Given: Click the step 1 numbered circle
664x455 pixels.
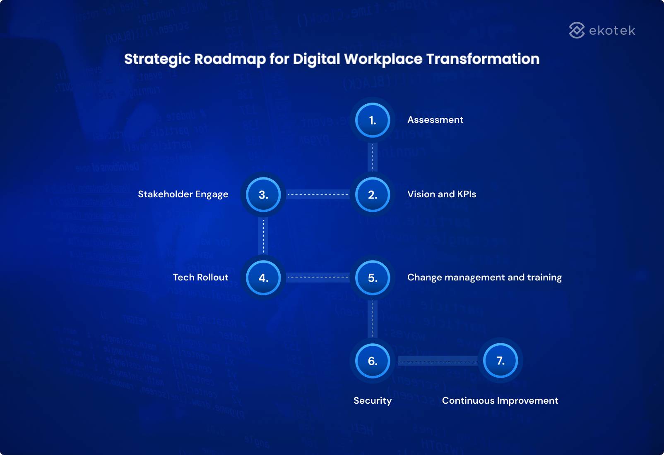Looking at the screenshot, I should pos(373,120).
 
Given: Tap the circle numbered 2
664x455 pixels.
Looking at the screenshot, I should pos(373,195).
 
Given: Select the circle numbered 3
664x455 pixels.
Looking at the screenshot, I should pos(263,195).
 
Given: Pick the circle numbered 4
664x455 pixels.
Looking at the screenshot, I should pos(263,278).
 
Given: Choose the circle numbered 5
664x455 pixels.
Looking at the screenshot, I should pos(373,278).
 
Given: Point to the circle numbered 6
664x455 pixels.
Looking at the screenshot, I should pos(373,361).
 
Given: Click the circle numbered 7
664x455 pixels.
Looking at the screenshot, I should pos(500,361).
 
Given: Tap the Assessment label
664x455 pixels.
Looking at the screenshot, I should pos(435,120).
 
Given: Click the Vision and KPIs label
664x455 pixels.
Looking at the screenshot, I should pos(442,194).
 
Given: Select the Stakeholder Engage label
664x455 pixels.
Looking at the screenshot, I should pos(183,194).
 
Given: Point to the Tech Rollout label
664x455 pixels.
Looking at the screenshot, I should pos(200,278).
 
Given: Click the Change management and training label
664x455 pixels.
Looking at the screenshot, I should pos(484,278).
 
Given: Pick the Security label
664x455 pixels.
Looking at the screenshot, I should pos(373,401).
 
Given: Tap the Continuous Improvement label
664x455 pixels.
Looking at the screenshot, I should pos(500,401).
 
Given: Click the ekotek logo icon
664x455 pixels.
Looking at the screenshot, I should pos(577,30).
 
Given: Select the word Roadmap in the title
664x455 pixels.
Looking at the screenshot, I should pos(230,59).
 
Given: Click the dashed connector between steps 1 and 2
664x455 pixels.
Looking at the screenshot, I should pos(373,158).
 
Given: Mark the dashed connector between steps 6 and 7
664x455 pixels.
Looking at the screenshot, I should pos(438,361).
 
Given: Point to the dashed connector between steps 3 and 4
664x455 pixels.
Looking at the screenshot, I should pos(263,236).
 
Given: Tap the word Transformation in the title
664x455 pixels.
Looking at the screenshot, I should pos(483,59).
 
